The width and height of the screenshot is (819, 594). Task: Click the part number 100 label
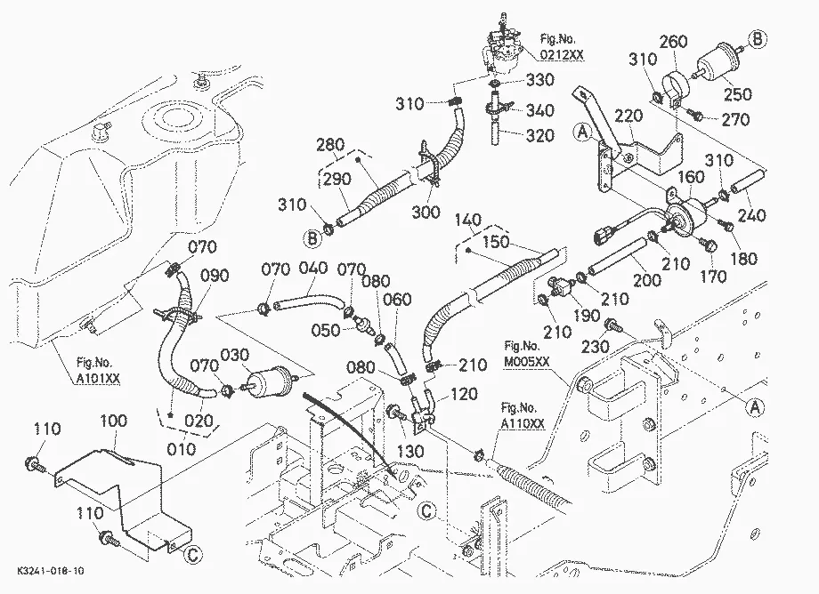(x=113, y=421)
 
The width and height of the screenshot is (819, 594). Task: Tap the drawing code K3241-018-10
(x=50, y=571)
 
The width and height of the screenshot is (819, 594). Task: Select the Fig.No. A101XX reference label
(x=98, y=371)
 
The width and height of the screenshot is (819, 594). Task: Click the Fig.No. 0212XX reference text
(x=562, y=46)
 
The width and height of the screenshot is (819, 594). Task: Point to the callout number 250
(x=737, y=94)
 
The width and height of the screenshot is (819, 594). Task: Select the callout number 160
(x=691, y=177)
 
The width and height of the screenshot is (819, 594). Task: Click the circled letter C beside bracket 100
(x=193, y=554)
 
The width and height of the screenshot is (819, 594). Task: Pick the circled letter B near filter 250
(x=758, y=39)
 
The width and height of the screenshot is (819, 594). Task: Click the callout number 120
(x=463, y=394)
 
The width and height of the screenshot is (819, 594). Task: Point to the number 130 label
(x=410, y=451)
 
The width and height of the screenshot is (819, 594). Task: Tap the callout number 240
(x=751, y=215)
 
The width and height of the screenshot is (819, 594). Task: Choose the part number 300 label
(x=426, y=212)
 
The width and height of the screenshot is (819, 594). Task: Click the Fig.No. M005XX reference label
(x=527, y=353)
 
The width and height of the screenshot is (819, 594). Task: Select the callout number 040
(x=312, y=268)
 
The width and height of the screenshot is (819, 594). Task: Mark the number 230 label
(x=596, y=346)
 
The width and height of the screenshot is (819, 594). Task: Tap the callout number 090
(x=215, y=276)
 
